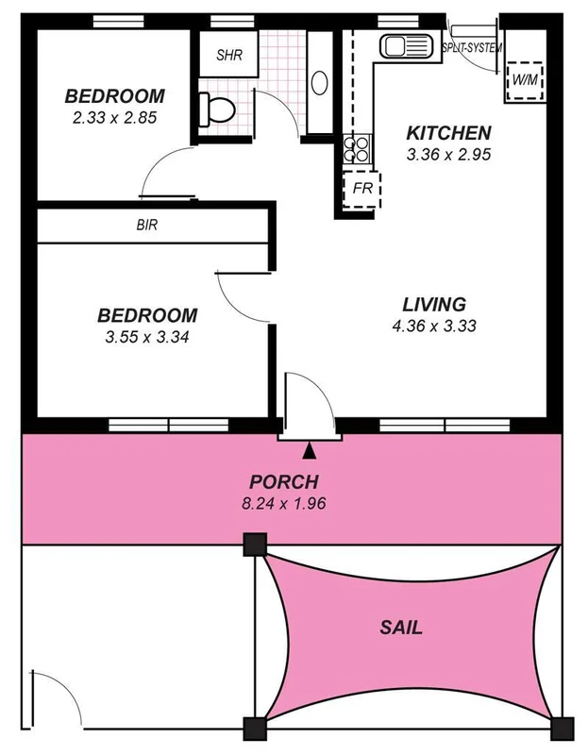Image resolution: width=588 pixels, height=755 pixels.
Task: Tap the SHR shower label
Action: point(229,56)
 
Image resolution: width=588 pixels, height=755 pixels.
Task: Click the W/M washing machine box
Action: point(524,81)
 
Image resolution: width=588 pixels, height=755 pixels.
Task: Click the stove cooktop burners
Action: point(359,149)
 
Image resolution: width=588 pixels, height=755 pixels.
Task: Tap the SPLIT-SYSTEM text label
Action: point(472,48)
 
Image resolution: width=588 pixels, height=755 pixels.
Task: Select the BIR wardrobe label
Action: point(146,226)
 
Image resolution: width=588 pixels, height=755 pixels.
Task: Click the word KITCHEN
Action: point(448,132)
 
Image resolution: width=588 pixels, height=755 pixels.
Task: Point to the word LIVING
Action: point(434,305)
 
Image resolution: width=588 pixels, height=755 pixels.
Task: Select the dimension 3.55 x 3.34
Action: point(148,336)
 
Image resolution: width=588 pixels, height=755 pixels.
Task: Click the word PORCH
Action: point(284,481)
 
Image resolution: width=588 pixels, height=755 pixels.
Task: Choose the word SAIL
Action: point(400,628)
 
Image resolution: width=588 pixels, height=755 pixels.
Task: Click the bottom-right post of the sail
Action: point(561,728)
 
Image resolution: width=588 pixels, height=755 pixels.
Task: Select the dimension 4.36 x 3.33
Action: point(434,327)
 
